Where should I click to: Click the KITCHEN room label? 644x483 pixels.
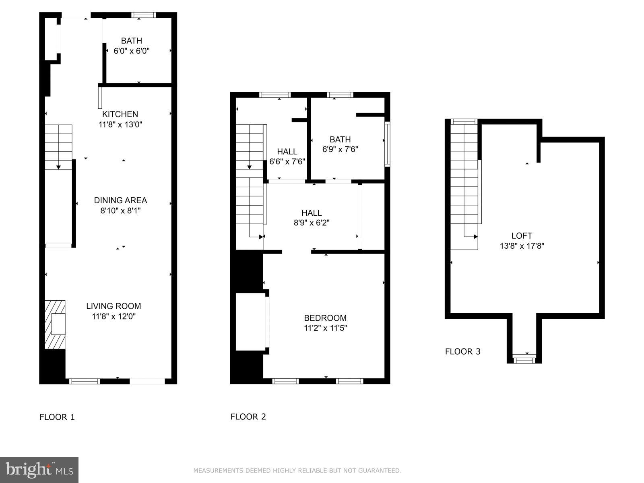pos(120,114)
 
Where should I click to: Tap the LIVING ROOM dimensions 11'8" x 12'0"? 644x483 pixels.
pos(114,316)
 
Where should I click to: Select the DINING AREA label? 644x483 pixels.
pos(120,200)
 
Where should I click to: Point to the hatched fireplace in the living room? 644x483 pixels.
pos(55,324)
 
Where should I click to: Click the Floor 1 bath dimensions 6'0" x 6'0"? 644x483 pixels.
pos(132,51)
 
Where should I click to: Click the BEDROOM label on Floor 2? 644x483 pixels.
pos(325,318)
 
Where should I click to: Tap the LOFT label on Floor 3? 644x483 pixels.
pos(522,236)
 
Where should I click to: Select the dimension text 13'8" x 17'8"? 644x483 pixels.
pos(522,246)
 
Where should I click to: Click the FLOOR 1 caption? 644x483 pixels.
pos(57,417)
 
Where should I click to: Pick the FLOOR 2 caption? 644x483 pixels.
pos(248,417)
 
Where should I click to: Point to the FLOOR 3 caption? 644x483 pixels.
pos(462,351)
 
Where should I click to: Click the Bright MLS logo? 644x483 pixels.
pos(39,470)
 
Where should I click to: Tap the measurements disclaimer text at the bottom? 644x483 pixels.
pos(297,471)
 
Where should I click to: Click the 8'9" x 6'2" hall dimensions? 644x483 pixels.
pos(312,223)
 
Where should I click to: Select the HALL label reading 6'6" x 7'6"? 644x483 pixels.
pos(287,152)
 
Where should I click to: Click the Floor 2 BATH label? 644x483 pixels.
pos(340,139)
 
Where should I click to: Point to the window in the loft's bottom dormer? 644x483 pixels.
pos(524,359)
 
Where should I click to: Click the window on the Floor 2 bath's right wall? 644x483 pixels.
pos(387,144)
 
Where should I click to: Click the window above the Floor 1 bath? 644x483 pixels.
pos(144,15)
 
